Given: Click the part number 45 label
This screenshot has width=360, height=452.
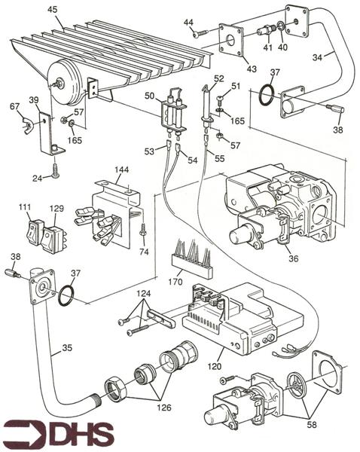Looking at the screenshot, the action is (53, 10).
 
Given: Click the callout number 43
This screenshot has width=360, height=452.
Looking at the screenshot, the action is (252, 69).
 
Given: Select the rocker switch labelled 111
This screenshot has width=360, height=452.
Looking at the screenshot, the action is (35, 231).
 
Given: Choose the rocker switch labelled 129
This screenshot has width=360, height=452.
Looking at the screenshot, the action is (53, 239).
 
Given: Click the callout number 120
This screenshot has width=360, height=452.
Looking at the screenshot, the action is (215, 366).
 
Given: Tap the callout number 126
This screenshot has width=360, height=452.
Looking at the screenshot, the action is (164, 408).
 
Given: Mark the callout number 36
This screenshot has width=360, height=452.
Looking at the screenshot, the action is (293, 258).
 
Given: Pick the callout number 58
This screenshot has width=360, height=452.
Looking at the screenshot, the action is (312, 425).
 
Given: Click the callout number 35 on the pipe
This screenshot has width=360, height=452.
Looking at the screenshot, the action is (67, 347).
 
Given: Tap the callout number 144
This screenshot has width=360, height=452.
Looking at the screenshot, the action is (121, 169).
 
